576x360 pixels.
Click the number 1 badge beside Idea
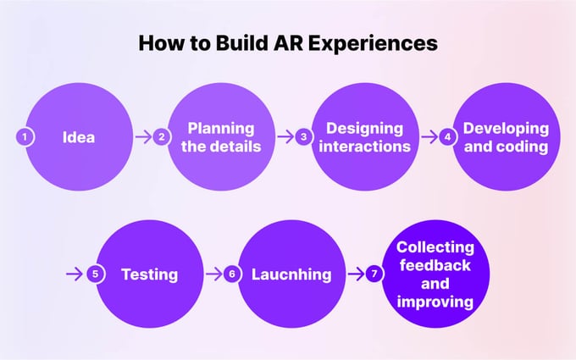(x=25, y=136)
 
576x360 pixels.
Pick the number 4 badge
(x=448, y=136)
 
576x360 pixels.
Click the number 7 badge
(x=375, y=274)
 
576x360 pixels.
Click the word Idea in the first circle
(x=78, y=136)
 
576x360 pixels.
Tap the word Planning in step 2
(x=220, y=128)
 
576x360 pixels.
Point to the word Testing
(x=149, y=274)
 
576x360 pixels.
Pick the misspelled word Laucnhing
(x=291, y=274)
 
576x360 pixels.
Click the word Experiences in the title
(x=379, y=42)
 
